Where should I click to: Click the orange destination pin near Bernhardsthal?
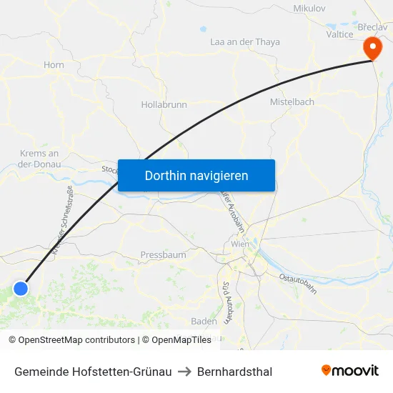[372, 49]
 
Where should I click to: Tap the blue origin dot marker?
[21, 289]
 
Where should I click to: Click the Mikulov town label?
[309, 9]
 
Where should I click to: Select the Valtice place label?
[339, 34]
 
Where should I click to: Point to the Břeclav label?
[372, 26]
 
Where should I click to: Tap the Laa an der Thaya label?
[245, 42]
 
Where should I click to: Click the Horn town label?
[54, 65]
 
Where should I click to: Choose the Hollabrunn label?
[164, 104]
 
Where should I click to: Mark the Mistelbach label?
[292, 102]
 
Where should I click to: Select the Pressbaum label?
[163, 255]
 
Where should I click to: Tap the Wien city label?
[240, 244]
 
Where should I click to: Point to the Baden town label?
[204, 322]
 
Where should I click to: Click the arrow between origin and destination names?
[184, 372]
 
